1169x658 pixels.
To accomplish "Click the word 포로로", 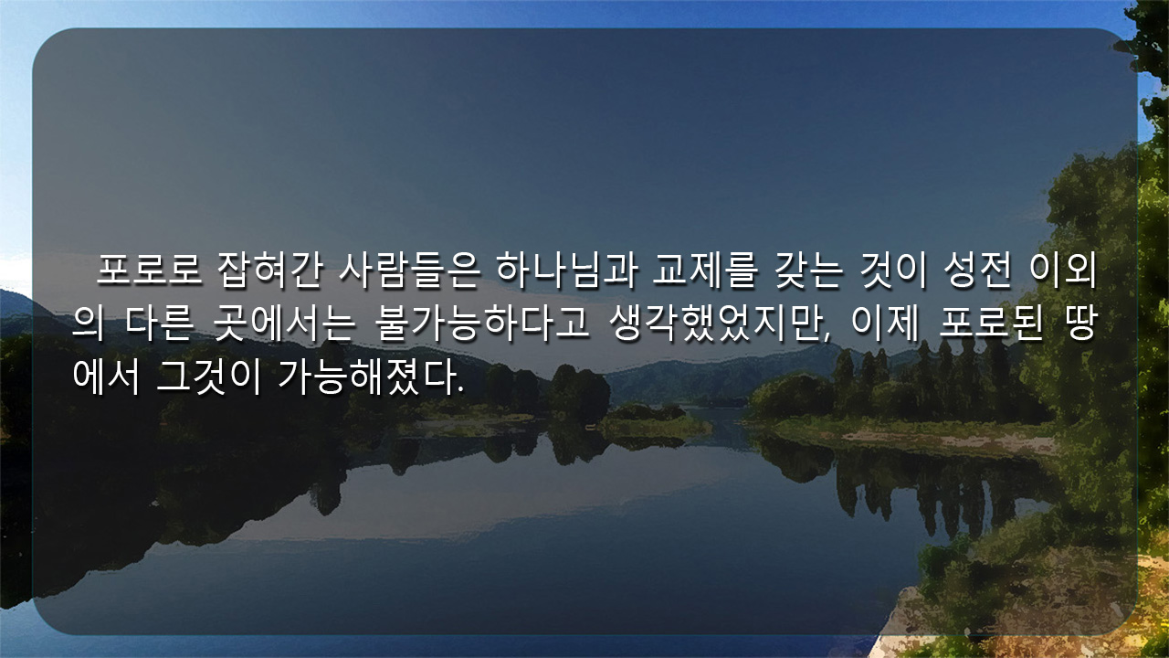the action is point(149,270).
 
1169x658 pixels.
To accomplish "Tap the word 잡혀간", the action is point(269,270).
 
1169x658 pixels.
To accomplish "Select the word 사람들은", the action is point(408,270).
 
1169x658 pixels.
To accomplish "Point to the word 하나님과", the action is point(567,270).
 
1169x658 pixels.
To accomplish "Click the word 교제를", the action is point(703,270).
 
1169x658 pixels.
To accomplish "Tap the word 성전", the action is point(977,270).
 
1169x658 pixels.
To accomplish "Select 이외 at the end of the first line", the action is point(1063,270).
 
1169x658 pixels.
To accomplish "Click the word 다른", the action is point(159,324).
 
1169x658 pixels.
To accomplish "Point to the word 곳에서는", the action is point(283,324).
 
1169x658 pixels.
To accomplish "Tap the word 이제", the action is point(885,324).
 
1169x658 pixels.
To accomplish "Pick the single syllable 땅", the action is point(1079,324).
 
